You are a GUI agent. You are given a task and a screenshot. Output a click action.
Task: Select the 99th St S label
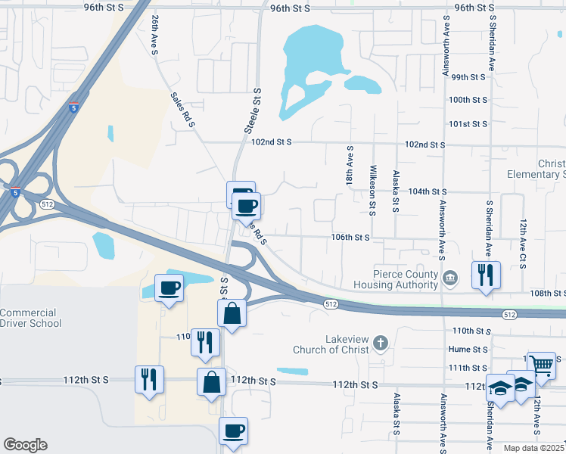click(x=468, y=77)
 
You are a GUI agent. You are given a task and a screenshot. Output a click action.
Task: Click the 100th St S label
click(x=468, y=100)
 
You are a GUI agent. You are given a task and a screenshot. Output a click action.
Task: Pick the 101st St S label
click(x=468, y=123)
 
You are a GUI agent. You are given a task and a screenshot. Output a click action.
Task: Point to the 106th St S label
click(x=350, y=237)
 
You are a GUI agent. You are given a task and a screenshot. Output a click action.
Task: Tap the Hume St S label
click(x=468, y=350)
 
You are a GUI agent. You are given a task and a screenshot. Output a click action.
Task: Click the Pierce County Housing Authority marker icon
click(x=451, y=278)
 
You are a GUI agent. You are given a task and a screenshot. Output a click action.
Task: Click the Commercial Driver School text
click(x=28, y=318)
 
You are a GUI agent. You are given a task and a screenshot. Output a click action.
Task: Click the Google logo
click(x=25, y=445)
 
